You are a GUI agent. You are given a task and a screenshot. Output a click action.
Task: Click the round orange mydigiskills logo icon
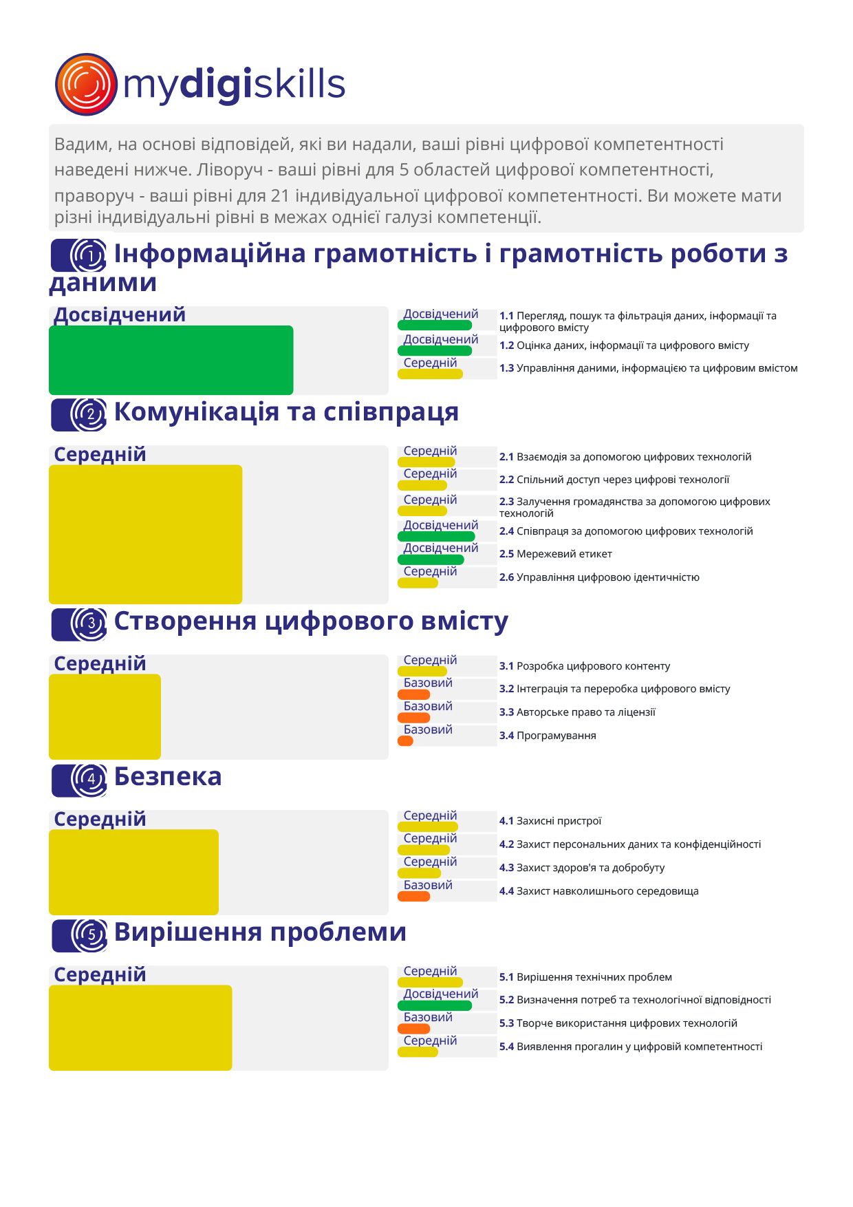pos(86,84)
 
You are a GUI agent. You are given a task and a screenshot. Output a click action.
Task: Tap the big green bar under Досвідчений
pos(171,360)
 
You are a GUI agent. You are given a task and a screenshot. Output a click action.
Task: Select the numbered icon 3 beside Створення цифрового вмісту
pos(79,624)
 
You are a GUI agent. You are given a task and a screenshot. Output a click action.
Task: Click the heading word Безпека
pos(168,776)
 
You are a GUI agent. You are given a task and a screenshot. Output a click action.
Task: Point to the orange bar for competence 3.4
pos(406,741)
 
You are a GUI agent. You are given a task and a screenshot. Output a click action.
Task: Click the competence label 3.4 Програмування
pos(548,736)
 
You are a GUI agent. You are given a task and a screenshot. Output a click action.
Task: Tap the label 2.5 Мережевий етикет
pos(555,554)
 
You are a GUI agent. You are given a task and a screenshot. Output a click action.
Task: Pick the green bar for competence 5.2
pos(435,1005)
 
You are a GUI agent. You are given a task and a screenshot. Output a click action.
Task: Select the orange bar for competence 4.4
pos(414,897)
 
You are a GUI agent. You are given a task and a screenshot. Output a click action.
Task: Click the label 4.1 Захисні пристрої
pos(550,821)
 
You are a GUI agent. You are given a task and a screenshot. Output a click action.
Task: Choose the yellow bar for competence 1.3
pos(431,374)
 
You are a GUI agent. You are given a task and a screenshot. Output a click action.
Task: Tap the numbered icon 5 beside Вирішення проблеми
pos(80,935)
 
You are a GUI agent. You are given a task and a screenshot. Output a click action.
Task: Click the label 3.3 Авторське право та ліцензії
pos(577,712)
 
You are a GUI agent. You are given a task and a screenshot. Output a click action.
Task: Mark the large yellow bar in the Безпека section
pos(133,872)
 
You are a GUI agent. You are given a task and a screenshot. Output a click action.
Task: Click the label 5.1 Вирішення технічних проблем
pos(585,977)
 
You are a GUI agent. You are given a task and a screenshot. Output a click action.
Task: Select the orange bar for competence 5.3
pos(414,1029)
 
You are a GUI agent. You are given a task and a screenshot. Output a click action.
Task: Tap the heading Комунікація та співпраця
pos(286,412)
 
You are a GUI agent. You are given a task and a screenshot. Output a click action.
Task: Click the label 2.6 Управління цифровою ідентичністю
pos(599,577)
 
